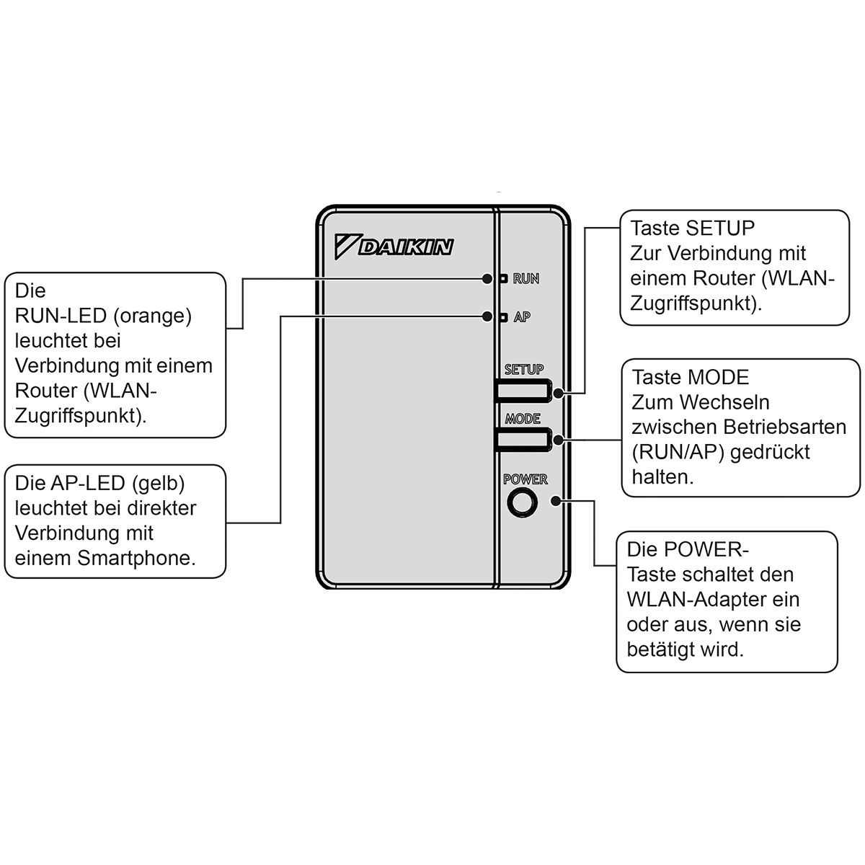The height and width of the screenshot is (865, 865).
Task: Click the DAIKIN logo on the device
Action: click(394, 246)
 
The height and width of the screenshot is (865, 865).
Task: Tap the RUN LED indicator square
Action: click(503, 278)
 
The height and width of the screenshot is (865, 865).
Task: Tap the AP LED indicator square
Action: click(503, 317)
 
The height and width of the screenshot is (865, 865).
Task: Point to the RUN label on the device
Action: click(526, 279)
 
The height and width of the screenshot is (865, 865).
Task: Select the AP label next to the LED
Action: click(522, 317)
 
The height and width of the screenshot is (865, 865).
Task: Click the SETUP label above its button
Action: click(524, 370)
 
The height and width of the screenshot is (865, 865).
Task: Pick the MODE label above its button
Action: click(523, 419)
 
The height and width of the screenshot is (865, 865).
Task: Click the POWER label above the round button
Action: click(525, 479)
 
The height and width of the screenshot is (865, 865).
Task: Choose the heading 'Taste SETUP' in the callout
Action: click(693, 229)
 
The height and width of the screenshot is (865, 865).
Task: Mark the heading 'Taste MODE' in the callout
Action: click(691, 378)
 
